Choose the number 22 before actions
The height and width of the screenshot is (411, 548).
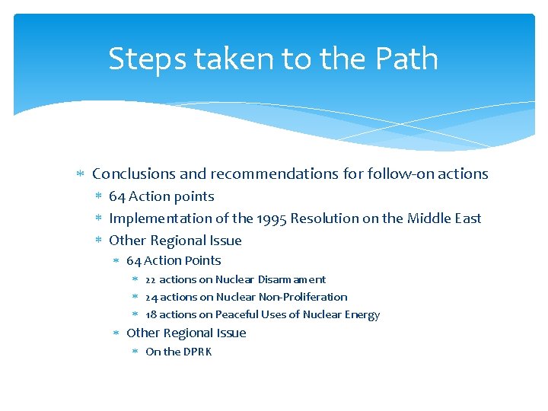coord(151,280)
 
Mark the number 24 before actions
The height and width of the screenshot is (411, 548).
coord(151,298)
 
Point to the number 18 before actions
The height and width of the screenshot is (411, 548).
coord(151,315)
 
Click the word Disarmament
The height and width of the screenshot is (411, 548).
coord(292,280)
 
